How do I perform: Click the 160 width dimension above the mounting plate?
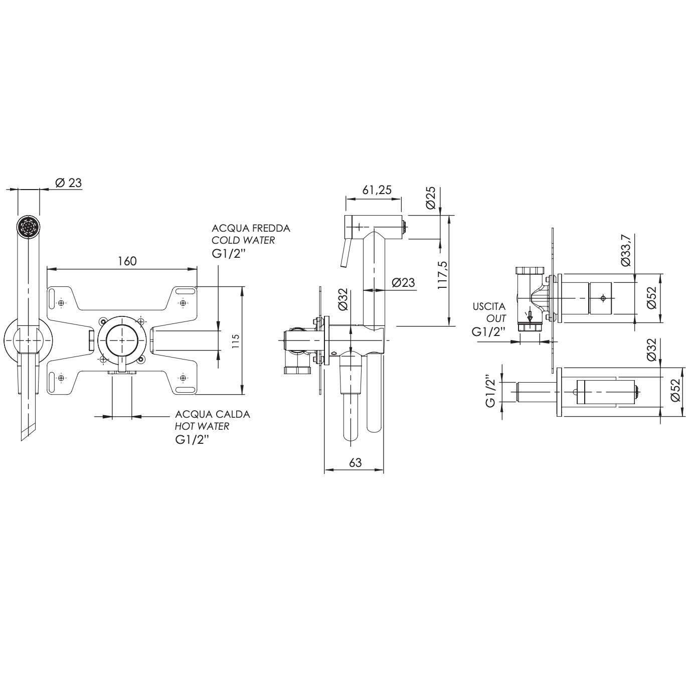coord(127,261)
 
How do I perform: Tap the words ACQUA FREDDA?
coord(251,228)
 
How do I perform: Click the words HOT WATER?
coord(202,426)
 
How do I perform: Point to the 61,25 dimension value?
coord(377,190)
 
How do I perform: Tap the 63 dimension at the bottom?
coord(355,463)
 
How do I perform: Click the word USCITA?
coord(489,306)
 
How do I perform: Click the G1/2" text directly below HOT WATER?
coord(192,439)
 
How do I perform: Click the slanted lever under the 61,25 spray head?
coord(345,254)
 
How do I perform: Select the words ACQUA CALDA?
coord(213,414)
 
